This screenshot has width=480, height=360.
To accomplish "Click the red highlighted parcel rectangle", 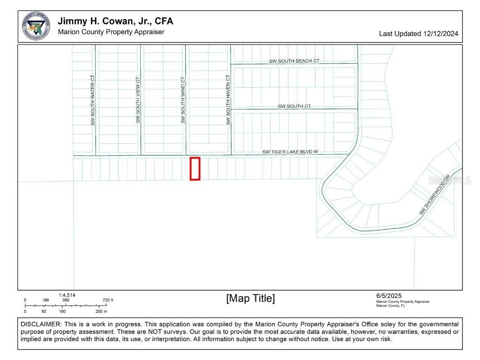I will (x=195, y=168).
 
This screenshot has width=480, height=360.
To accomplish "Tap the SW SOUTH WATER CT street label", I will (x=93, y=100).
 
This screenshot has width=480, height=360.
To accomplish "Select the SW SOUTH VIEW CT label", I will (x=138, y=100).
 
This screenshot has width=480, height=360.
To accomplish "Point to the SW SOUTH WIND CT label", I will (x=183, y=100).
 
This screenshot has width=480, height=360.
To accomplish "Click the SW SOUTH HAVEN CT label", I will (x=228, y=100).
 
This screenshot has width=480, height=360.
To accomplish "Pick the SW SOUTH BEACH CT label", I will (x=294, y=61).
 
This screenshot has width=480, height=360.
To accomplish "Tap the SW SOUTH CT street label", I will (x=294, y=106).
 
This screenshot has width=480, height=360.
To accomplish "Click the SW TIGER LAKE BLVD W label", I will (x=290, y=152).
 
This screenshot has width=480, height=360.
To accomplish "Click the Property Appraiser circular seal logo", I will (x=36, y=26).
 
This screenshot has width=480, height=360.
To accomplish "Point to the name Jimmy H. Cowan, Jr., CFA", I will (x=115, y=22).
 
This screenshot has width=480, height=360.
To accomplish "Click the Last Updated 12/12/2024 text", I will (x=419, y=34).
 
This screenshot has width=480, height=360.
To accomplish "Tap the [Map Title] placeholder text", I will (x=250, y=299).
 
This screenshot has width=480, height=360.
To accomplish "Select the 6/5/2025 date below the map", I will (x=389, y=296).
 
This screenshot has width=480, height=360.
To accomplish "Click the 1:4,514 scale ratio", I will (x=67, y=295).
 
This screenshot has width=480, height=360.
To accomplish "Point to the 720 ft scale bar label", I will (x=108, y=300).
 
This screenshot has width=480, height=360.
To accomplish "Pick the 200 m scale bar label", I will (x=102, y=311).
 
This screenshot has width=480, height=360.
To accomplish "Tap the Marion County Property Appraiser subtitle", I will (x=111, y=32).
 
